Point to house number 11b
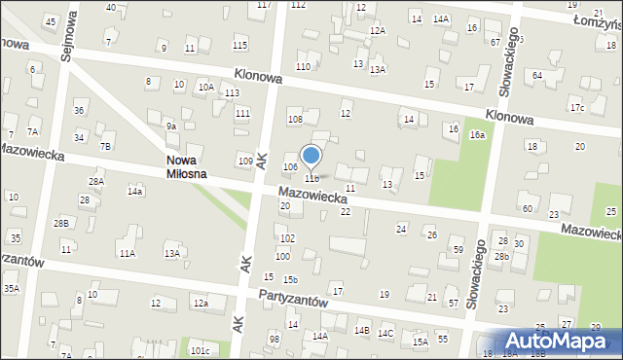(x=311, y=178)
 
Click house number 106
(x=290, y=167)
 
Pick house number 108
(x=295, y=119)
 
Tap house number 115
(x=240, y=46)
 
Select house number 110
(x=304, y=66)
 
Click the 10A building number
(x=206, y=87)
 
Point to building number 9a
(x=170, y=126)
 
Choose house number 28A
(x=96, y=182)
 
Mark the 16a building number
(x=477, y=135)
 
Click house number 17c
(x=577, y=107)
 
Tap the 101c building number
(x=200, y=350)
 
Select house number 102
(x=287, y=238)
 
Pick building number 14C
(x=385, y=334)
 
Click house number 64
(x=536, y=75)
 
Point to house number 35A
(x=11, y=288)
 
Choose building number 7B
(x=105, y=146)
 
